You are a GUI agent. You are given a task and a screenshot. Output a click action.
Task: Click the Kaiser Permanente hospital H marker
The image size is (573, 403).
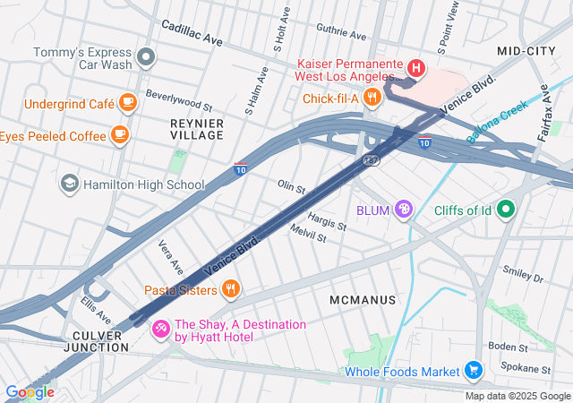415,67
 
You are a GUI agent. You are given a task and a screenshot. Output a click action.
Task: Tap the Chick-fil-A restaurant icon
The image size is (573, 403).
373,99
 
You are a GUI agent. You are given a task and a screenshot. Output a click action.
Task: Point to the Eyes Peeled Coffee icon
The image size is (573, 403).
119,135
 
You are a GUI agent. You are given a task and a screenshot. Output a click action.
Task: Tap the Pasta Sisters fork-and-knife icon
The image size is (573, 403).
231,289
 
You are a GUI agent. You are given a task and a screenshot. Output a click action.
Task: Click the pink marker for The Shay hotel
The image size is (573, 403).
161,330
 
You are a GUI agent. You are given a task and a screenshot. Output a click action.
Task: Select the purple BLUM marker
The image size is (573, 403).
405,210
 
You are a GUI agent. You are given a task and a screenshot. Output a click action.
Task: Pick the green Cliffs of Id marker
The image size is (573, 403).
506,210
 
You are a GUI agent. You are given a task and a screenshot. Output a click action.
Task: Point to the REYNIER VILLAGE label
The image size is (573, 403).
197,127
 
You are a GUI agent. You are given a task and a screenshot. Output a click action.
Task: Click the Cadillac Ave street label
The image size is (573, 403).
192,34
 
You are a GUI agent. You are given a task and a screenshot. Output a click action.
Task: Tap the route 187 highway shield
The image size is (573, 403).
371,159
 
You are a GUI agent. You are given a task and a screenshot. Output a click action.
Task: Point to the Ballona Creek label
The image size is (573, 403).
500,124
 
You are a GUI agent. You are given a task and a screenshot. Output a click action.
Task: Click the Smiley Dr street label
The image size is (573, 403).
524,272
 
